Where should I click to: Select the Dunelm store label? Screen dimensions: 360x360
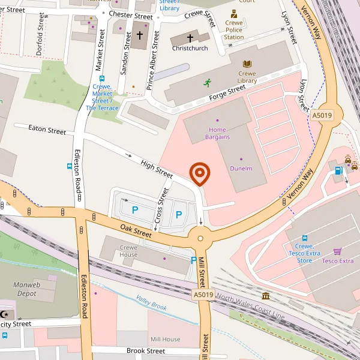click(241, 169)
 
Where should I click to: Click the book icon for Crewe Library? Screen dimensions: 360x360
click(247, 64)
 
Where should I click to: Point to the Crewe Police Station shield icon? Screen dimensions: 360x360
click(233, 13)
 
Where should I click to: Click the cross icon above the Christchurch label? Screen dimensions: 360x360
click(190, 38)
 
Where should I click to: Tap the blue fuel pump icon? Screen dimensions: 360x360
click(338, 170)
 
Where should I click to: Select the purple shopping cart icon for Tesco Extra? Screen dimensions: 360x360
click(338, 251)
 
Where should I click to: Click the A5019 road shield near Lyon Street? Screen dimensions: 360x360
click(322, 115)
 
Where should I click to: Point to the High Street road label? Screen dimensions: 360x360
click(157, 167)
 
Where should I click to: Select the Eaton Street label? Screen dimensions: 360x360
click(48, 130)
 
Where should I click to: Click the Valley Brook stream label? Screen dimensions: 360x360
click(151, 302)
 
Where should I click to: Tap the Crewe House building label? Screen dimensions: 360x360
click(128, 251)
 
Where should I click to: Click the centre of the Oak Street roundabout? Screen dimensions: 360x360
click(200, 238)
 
